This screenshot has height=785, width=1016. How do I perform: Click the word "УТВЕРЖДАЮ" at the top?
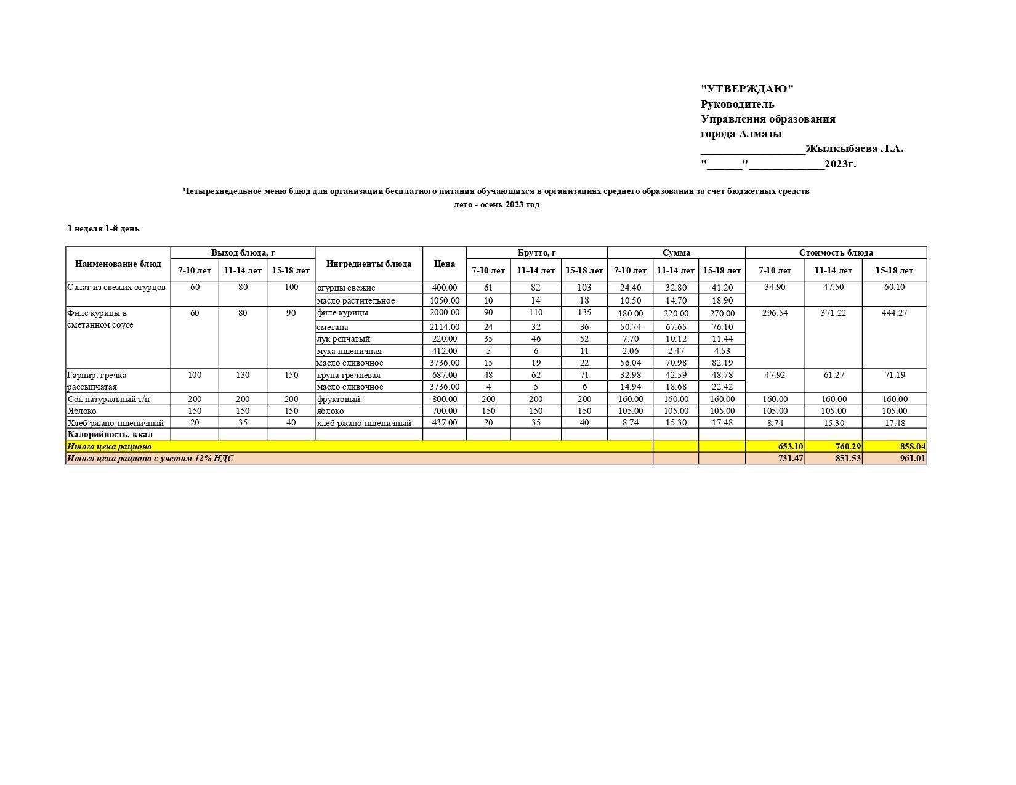(x=747, y=89)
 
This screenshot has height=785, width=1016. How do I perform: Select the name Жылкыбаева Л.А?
(x=854, y=148)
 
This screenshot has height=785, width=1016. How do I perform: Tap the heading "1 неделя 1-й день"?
(x=103, y=228)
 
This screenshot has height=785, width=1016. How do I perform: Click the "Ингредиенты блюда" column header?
(x=368, y=264)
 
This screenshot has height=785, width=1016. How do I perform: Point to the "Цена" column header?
(x=444, y=264)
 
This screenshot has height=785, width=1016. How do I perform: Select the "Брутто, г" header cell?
(x=536, y=252)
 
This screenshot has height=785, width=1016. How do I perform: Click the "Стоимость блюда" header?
(x=836, y=252)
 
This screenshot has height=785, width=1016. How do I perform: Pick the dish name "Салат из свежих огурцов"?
(x=116, y=288)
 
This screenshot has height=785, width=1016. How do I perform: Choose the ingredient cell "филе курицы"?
(x=342, y=313)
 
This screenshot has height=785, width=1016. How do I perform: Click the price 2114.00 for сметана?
(x=444, y=327)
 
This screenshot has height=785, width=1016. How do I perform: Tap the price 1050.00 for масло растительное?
(x=444, y=300)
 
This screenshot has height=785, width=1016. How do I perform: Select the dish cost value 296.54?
(x=775, y=313)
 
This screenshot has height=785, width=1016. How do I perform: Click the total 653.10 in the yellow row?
(x=791, y=446)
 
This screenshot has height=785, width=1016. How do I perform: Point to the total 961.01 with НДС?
(x=912, y=458)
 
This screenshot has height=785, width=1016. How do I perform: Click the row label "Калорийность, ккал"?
(x=110, y=434)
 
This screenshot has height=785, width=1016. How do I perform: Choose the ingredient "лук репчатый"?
(x=343, y=339)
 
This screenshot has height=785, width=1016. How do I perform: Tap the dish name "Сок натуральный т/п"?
(x=108, y=399)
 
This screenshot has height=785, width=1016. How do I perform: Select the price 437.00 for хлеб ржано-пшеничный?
(x=444, y=422)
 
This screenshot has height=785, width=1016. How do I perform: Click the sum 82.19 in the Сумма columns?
(x=722, y=363)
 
